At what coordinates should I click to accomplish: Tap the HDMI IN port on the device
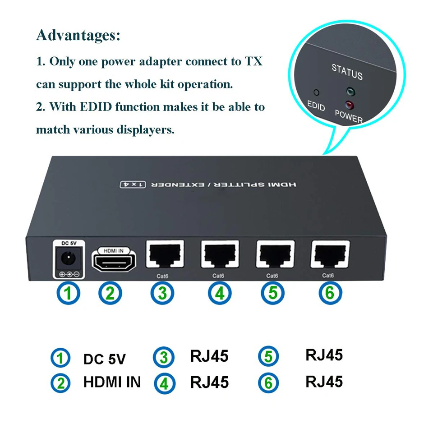(114, 262)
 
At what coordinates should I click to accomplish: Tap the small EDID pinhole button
(317, 92)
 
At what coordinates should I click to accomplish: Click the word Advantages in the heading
(78, 35)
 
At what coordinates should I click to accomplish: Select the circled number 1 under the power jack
(68, 293)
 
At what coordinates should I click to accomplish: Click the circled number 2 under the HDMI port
(111, 293)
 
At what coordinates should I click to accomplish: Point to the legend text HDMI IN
(112, 382)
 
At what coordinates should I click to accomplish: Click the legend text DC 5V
(104, 359)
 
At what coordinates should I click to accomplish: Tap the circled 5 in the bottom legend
(269, 356)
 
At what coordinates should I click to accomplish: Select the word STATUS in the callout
(347, 71)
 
